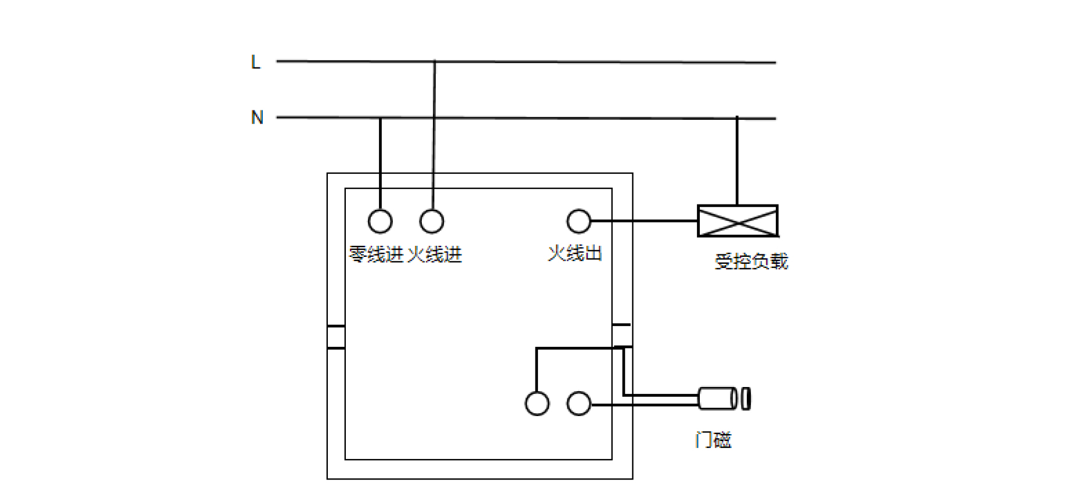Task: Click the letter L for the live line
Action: pyautogui.click(x=255, y=62)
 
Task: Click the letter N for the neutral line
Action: pyautogui.click(x=257, y=117)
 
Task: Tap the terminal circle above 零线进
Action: pyautogui.click(x=380, y=221)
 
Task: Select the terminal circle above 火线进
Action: pyautogui.click(x=432, y=221)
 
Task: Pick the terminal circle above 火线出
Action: pyautogui.click(x=579, y=221)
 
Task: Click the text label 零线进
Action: pyautogui.click(x=376, y=255)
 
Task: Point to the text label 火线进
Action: pyautogui.click(x=435, y=255)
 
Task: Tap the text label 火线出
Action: pyautogui.click(x=575, y=253)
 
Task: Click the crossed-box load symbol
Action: pyautogui.click(x=738, y=221)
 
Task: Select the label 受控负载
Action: pyautogui.click(x=751, y=261)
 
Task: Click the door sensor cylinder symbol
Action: pyautogui.click(x=725, y=399)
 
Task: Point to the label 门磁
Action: pyautogui.click(x=713, y=439)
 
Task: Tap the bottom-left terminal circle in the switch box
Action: pyautogui.click(x=537, y=403)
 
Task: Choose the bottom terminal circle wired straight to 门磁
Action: pyautogui.click(x=579, y=403)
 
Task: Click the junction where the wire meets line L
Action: pyautogui.click(x=435, y=61)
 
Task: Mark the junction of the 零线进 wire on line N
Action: pyautogui.click(x=380, y=118)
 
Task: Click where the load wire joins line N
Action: pyautogui.click(x=737, y=119)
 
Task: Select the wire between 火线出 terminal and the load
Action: pyautogui.click(x=644, y=221)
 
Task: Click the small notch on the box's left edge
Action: pyautogui.click(x=336, y=337)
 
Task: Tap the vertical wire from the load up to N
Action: pyautogui.click(x=737, y=162)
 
